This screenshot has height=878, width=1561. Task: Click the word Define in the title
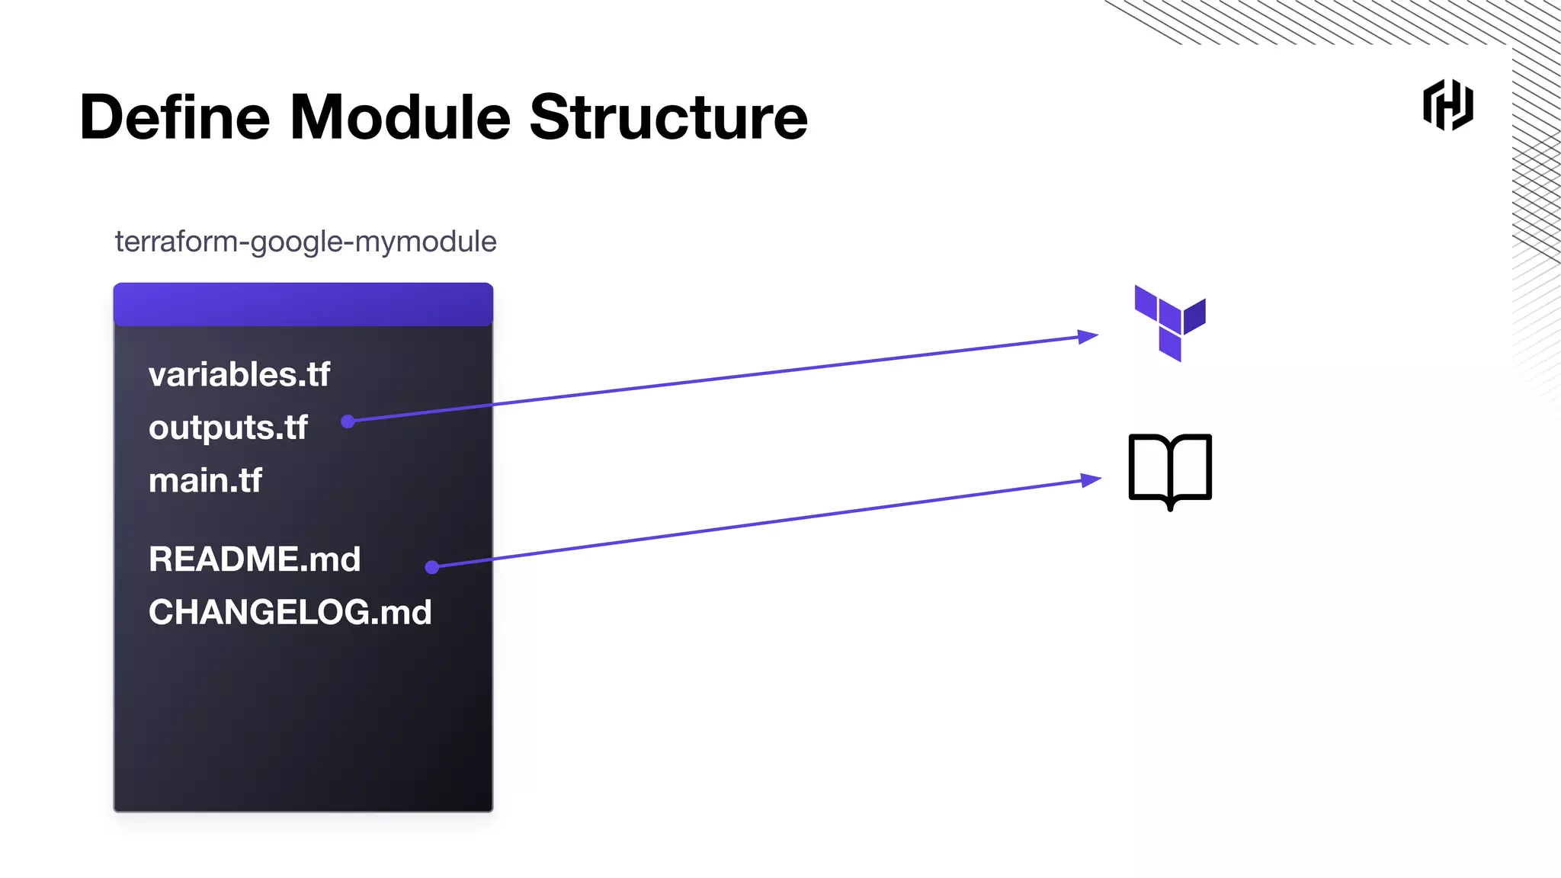[x=175, y=118]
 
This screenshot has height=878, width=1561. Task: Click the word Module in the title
[x=399, y=118]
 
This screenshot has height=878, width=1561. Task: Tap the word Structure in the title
[x=668, y=118]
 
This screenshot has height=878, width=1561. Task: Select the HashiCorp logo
[x=1447, y=105]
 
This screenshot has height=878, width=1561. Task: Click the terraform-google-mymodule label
[x=306, y=242]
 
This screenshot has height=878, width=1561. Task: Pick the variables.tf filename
[x=239, y=375]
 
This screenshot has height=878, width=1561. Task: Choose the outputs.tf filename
[x=228, y=428]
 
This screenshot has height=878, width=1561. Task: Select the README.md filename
[x=255, y=559]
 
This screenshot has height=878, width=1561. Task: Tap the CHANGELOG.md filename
[x=290, y=613]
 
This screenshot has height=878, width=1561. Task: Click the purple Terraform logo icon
[x=1169, y=323]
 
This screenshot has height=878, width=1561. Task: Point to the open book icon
[x=1170, y=470]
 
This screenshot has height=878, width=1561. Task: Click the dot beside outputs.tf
[x=348, y=421]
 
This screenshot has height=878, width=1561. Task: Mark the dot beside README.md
[x=432, y=567]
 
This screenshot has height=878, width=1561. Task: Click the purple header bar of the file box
[x=303, y=305]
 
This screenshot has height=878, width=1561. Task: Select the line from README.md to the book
[x=762, y=524]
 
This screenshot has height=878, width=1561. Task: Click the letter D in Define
[x=101, y=118]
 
